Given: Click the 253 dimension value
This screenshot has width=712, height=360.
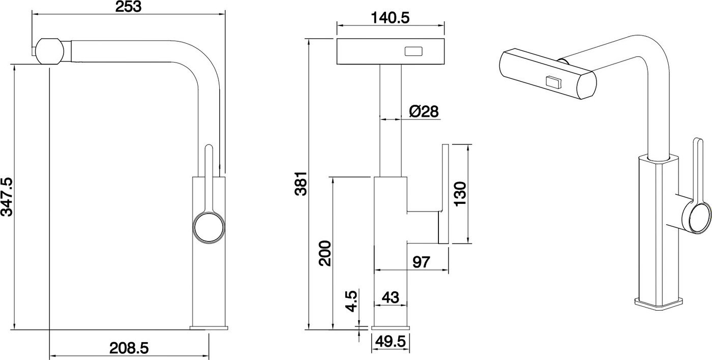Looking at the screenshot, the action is pyautogui.click(x=128, y=6).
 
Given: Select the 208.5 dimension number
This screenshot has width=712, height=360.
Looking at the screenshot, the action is pyautogui.click(x=129, y=348).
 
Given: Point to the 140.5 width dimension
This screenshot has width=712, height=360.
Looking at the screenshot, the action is pyautogui.click(x=390, y=18).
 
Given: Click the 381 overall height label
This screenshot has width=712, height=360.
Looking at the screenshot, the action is pyautogui.click(x=301, y=184).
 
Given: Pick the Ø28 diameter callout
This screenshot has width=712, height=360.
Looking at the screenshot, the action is pyautogui.click(x=424, y=111).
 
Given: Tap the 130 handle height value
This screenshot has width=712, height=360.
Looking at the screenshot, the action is pyautogui.click(x=460, y=194).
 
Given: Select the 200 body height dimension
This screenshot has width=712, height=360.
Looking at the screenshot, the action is pyautogui.click(x=325, y=253).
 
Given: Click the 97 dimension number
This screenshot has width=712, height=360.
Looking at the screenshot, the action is pyautogui.click(x=421, y=262).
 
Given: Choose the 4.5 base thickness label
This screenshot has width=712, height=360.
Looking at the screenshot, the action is pyautogui.click(x=351, y=301).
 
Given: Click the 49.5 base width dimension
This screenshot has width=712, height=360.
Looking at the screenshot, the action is pyautogui.click(x=391, y=342).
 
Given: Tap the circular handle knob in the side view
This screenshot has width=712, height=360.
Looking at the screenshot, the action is pyautogui.click(x=209, y=228).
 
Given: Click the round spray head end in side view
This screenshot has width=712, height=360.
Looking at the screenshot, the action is pyautogui.click(x=50, y=51).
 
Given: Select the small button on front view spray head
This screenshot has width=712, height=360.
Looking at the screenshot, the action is pyautogui.click(x=413, y=51).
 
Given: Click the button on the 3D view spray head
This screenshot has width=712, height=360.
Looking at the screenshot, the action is pyautogui.click(x=554, y=81).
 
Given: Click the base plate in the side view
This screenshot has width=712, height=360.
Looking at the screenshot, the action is pyautogui.click(x=209, y=328).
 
